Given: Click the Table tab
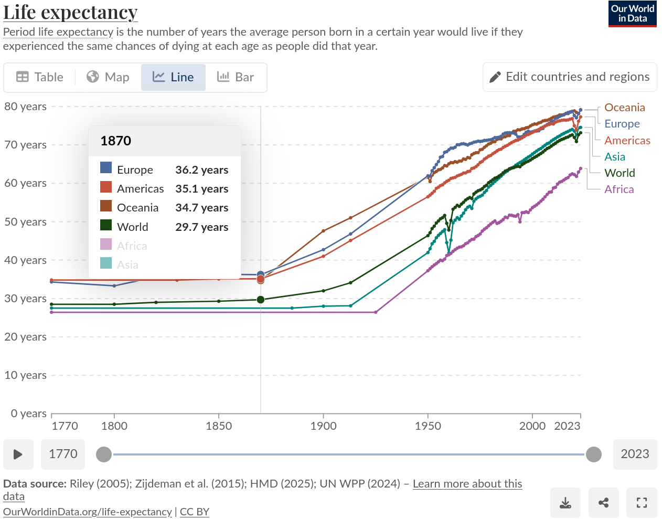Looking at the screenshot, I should click(40, 77).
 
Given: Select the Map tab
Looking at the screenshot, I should click(108, 77).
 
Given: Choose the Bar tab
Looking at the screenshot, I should click(236, 77).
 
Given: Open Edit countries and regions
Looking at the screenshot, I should click(570, 77).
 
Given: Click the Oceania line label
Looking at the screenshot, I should click(624, 108).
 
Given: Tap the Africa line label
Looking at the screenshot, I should click(619, 189).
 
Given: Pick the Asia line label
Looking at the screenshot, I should click(614, 157).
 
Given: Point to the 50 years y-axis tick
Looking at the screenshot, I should click(25, 221).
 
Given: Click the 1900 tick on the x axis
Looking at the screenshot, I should click(323, 426).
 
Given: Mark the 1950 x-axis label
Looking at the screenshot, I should click(428, 426).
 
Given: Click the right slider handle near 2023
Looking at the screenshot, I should click(593, 454).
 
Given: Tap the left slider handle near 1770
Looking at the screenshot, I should click(104, 454).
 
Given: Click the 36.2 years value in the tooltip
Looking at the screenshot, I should click(201, 170).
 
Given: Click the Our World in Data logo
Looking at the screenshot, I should click(632, 14).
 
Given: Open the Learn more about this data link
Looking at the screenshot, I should click(467, 484).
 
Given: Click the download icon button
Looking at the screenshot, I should click(565, 503).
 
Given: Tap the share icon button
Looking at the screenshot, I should click(603, 503).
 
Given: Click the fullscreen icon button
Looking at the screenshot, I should click(642, 503).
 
